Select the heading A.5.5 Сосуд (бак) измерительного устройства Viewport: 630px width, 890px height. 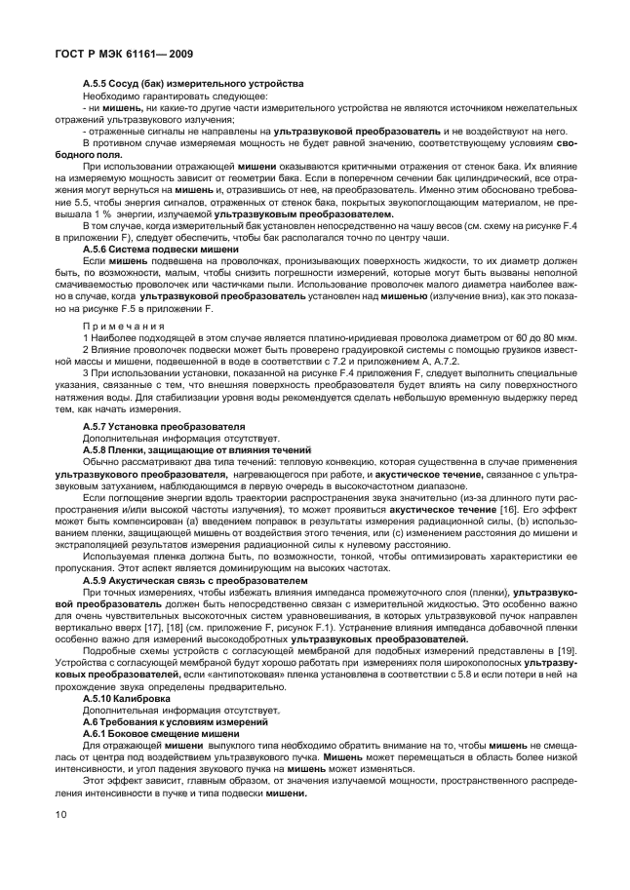tap(193, 84)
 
